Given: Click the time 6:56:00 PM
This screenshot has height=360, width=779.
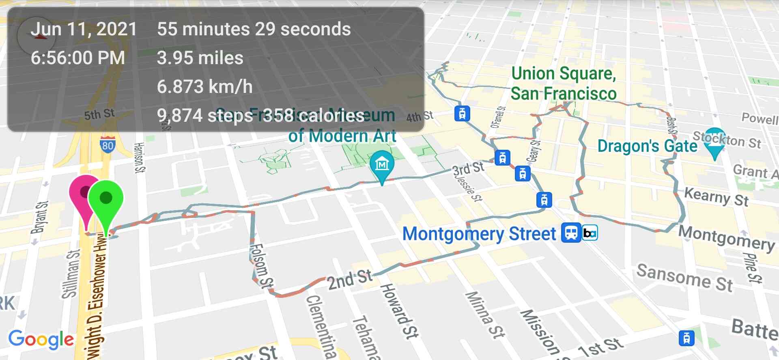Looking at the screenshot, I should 78,58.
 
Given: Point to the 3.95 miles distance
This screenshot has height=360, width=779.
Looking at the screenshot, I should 200,58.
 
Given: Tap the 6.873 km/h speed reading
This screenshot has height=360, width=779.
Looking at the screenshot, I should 204,86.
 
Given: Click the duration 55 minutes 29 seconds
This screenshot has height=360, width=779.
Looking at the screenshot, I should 254,29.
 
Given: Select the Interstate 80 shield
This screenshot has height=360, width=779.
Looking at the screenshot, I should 108,145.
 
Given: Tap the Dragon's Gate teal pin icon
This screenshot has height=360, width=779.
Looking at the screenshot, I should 714,140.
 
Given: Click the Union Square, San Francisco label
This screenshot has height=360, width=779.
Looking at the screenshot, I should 564,84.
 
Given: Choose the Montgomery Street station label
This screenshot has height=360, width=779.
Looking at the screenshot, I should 479,234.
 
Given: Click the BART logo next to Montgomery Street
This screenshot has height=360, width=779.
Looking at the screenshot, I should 590,233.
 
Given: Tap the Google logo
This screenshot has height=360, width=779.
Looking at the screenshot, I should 41,339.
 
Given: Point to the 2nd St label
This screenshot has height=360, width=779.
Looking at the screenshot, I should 349,280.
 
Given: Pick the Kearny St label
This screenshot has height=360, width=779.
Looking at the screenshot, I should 716,197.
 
